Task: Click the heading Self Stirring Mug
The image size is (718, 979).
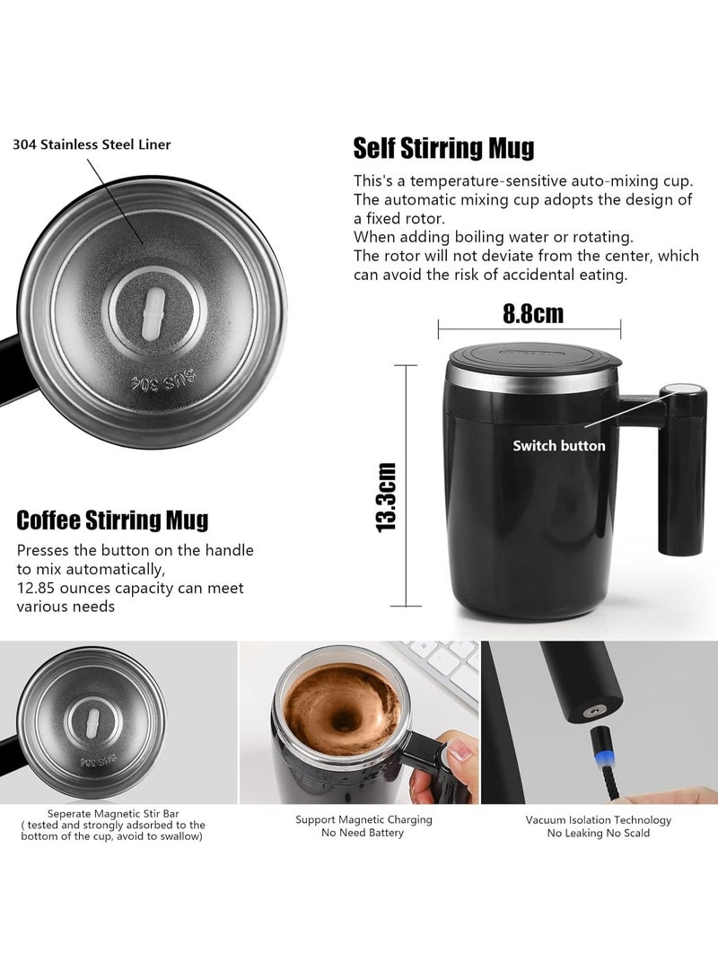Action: [443, 147]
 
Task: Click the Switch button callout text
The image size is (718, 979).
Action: [558, 445]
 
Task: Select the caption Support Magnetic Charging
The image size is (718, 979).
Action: [363, 819]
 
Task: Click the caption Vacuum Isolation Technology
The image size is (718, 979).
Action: [599, 819]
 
